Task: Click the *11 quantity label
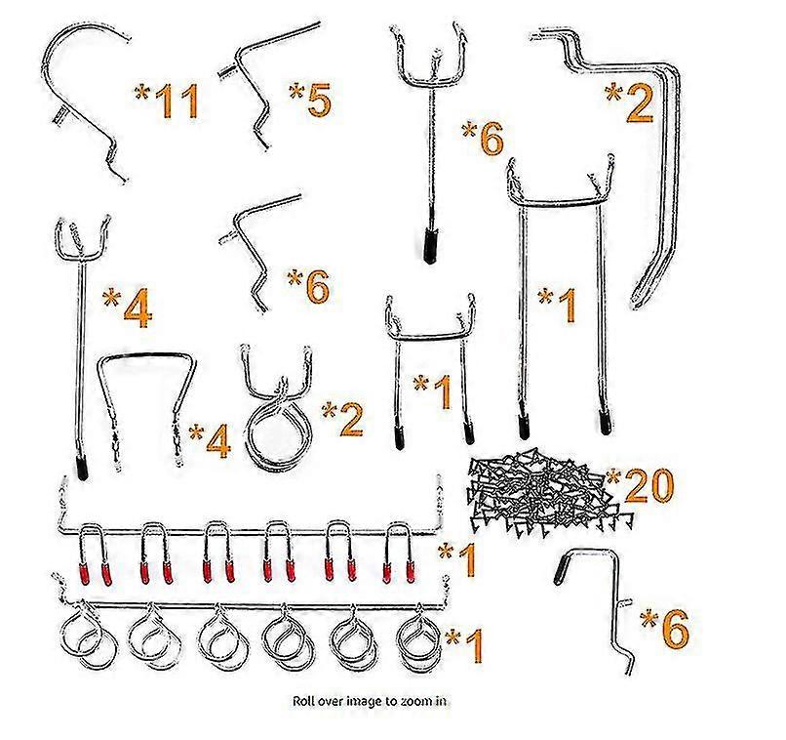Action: (167, 101)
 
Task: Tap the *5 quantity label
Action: (310, 99)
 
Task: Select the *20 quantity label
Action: (640, 484)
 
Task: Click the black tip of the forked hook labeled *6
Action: (430, 246)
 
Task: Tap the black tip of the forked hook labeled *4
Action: (82, 468)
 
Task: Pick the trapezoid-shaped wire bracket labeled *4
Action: (145, 355)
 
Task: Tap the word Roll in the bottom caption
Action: (304, 701)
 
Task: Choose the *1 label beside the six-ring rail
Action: (464, 645)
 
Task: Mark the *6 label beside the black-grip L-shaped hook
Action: (665, 628)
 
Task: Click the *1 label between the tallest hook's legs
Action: (557, 305)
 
